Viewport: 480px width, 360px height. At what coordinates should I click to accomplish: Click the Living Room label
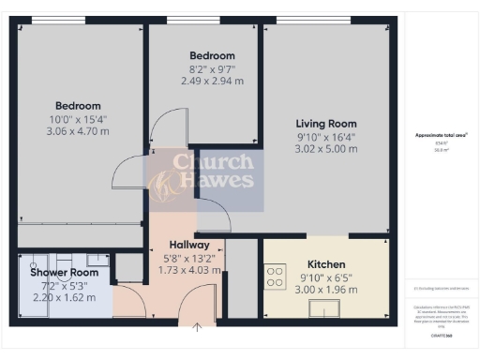coord(326,124)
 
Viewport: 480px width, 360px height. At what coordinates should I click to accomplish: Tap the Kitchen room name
coord(326,265)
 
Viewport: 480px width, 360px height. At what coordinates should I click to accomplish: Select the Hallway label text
coord(189,246)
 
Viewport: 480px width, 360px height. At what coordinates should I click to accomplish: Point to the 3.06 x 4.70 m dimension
coord(78,131)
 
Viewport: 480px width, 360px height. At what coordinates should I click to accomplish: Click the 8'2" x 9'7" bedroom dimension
coord(212,68)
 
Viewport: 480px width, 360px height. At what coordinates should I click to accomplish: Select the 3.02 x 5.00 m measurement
coord(326,148)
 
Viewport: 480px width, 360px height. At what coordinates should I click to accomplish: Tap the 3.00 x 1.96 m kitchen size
coord(326,290)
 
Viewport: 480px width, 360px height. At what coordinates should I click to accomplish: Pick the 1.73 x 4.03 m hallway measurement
coord(189,271)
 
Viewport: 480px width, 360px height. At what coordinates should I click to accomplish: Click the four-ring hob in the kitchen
coord(277,277)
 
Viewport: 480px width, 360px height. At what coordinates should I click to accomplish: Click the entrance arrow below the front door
coord(198,328)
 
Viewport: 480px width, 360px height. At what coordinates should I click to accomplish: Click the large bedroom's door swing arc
coord(127,173)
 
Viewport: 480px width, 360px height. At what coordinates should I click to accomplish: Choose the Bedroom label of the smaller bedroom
coord(212,56)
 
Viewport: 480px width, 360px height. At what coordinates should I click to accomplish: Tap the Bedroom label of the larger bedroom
coord(78,106)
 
